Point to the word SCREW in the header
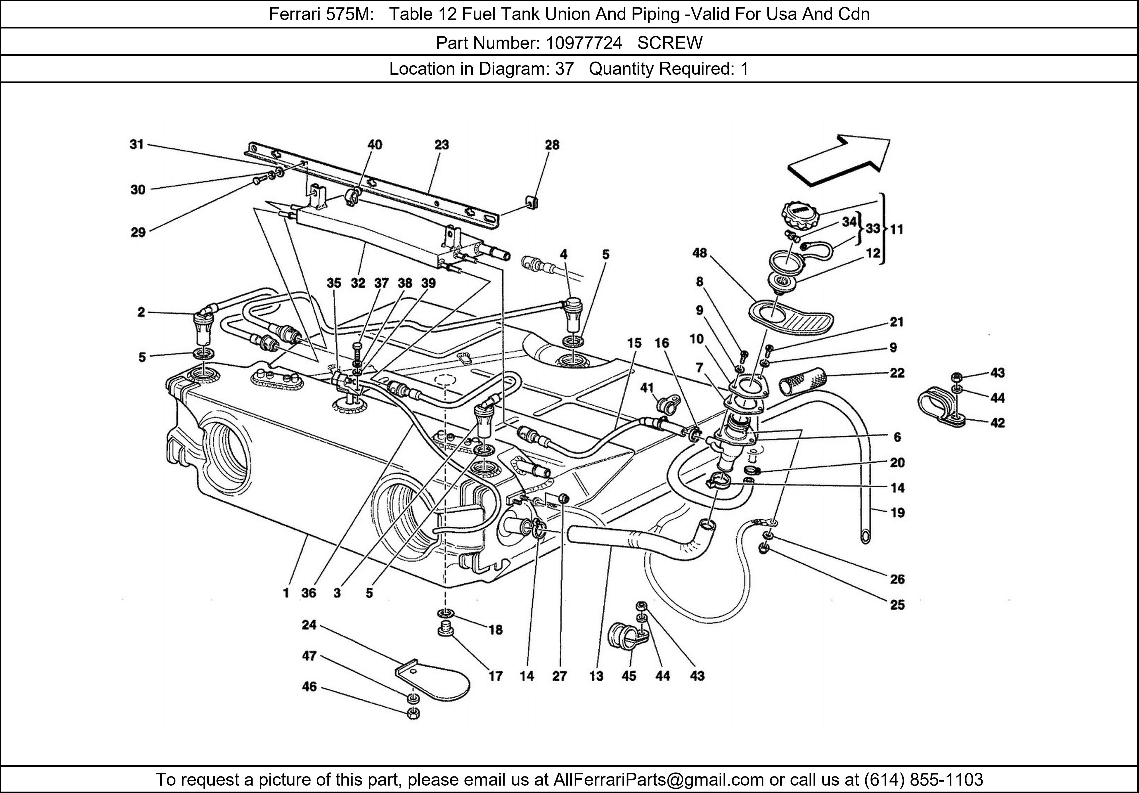[670, 43]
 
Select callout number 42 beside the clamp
[997, 423]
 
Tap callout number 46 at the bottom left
[309, 687]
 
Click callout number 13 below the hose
[596, 676]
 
